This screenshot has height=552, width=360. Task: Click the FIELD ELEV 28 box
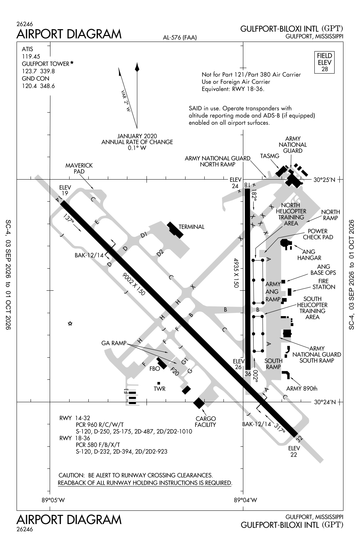[x=324, y=62]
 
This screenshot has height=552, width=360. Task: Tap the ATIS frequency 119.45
[x=31, y=56]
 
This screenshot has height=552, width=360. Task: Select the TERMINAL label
[x=191, y=227]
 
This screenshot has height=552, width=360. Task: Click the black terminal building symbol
[x=175, y=230]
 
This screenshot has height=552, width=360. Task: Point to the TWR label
[x=159, y=389]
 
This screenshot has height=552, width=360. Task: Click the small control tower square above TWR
[x=159, y=383]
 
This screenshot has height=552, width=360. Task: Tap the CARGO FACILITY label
[x=205, y=422]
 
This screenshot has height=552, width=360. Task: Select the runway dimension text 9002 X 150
[x=133, y=284]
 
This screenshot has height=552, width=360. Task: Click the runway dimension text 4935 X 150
[x=236, y=273]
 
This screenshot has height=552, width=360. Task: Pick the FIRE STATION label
[x=324, y=284]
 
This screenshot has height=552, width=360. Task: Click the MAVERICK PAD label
[x=79, y=168]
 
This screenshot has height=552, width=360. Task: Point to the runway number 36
[x=248, y=374]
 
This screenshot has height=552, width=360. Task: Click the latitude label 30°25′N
[x=325, y=180]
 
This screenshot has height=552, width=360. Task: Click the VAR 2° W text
[x=126, y=101]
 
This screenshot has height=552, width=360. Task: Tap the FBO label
[x=155, y=369]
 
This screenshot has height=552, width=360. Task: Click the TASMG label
[x=269, y=156]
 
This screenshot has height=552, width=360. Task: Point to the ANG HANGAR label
[x=309, y=255]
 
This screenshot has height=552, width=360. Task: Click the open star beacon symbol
[x=70, y=323]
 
